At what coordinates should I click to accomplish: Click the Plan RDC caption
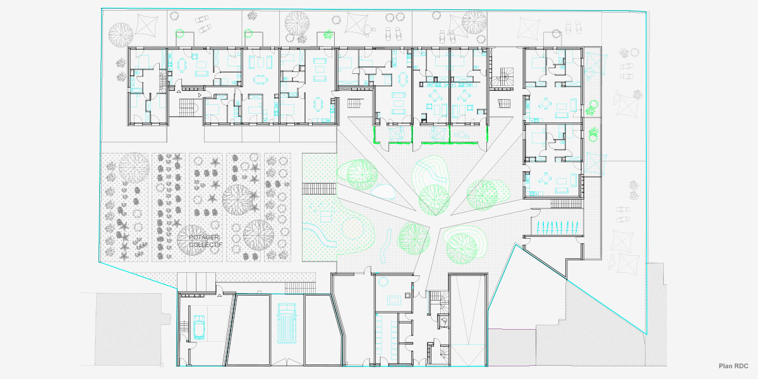(x=733, y=366)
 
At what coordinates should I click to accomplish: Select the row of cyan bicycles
(x=556, y=227)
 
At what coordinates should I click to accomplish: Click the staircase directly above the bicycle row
(x=566, y=203)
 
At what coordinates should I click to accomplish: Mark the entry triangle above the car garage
(x=219, y=294)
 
